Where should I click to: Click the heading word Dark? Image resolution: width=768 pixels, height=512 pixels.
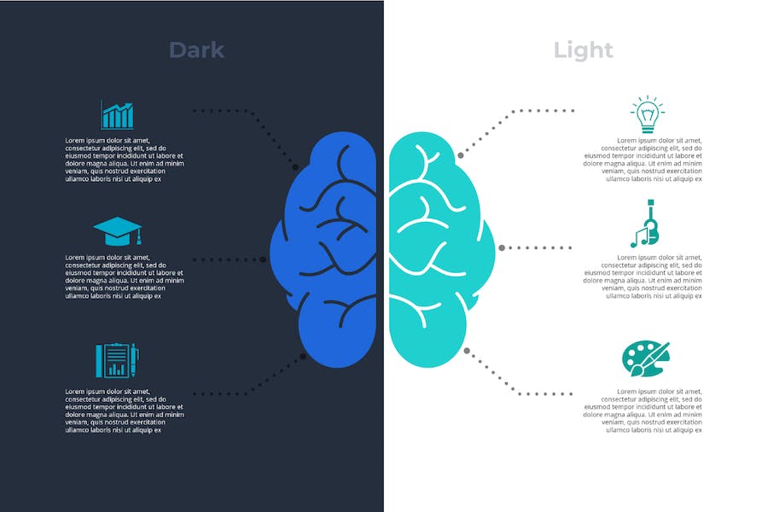pos(197,50)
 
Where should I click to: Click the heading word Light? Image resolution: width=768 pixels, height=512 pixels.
pos(583,50)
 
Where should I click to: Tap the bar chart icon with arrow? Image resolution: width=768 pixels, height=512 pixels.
pos(117,114)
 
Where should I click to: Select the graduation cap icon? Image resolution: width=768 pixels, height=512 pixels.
pos(118,230)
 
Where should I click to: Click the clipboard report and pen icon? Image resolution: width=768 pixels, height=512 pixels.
pos(118,360)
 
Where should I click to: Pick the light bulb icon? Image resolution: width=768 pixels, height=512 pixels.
pos(648,114)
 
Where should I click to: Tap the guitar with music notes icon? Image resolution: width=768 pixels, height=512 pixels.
pos(645,224)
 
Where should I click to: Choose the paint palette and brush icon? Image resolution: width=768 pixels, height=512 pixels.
pos(646,359)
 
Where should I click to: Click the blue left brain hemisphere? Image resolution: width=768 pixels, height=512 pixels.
pos(323,249)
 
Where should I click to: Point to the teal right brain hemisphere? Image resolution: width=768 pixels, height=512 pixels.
pos(442,249)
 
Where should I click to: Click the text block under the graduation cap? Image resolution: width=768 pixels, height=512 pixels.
pos(125,276)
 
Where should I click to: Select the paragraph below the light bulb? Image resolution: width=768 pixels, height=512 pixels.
pos(642,160)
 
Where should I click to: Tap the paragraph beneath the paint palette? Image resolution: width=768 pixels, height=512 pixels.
pos(642,410)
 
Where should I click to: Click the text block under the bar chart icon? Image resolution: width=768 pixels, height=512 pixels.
pos(125,160)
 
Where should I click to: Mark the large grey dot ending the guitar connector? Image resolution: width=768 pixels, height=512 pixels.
pos(502,248)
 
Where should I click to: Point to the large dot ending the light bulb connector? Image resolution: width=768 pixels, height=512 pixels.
pos(461,155)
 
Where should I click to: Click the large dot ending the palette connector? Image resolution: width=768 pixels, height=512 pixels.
pos(467,351)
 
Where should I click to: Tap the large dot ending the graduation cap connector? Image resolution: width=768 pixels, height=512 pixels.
pos(263,259)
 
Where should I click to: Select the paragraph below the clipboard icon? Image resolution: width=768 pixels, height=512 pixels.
pos(125,410)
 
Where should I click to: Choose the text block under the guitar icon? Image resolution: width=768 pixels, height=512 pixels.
pos(642,276)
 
